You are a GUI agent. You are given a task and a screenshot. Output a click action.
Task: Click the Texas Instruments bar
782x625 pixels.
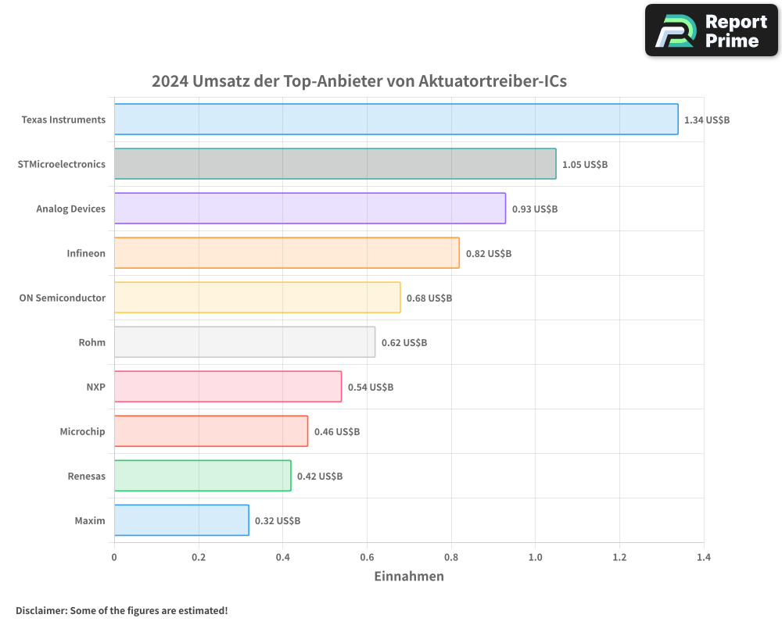click(396, 120)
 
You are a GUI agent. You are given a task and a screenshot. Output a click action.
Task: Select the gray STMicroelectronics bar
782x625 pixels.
click(335, 164)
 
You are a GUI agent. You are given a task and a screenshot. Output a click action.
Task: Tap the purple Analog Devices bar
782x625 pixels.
click(310, 209)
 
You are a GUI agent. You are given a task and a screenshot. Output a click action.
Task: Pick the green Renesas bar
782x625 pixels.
click(203, 476)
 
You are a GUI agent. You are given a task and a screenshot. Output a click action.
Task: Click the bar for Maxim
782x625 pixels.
click(181, 520)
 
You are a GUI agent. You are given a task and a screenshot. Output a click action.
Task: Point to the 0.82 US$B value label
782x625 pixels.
click(489, 254)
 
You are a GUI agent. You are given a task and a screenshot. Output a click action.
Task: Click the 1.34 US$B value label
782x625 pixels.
click(707, 120)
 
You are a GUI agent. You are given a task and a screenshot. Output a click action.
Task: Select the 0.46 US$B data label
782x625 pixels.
click(337, 431)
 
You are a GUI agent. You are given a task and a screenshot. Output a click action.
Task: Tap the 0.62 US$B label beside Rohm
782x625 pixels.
click(404, 343)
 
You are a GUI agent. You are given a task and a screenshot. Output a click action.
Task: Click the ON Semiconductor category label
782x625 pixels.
click(62, 298)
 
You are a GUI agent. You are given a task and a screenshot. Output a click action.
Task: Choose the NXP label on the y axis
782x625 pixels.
click(95, 387)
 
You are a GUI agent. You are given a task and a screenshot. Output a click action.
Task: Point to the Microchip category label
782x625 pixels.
click(82, 431)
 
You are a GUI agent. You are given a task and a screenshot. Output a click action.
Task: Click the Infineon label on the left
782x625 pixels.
click(86, 253)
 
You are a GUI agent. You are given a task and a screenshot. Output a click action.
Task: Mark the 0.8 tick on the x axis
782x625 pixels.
click(451, 557)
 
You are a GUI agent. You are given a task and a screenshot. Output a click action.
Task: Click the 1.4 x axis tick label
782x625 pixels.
click(703, 557)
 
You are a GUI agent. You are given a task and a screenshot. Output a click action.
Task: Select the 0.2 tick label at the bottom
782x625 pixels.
click(199, 557)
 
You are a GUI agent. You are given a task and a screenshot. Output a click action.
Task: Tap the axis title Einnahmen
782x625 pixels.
click(409, 577)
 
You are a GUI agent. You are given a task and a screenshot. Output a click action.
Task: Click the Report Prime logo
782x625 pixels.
click(712, 30)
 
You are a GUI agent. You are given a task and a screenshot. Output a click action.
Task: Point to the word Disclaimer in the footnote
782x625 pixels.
click(41, 610)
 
